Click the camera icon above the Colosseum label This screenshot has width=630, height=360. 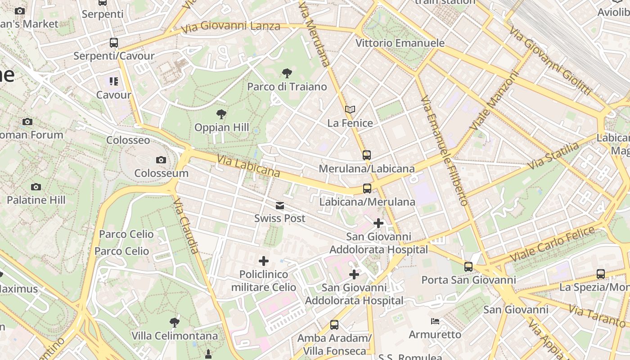[161, 160]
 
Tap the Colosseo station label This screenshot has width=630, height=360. [128, 140]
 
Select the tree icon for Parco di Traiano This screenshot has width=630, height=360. [287, 73]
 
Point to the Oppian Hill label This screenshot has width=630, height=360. [221, 127]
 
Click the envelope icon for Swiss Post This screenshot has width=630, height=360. [280, 206]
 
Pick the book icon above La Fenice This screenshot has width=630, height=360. [350, 109]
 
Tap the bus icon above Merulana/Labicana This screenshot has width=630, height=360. [367, 155]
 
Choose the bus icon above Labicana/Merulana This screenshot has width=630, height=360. [367, 189]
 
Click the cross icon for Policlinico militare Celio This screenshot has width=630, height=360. [264, 261]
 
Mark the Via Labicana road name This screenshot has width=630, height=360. [248, 166]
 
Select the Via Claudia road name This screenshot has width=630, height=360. [186, 225]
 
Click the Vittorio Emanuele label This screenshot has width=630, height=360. [400, 43]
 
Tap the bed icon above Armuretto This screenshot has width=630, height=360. [435, 321]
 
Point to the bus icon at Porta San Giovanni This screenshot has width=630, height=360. [468, 266]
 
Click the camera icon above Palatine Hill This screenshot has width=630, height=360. [36, 187]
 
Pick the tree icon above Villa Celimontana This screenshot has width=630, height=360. [175, 322]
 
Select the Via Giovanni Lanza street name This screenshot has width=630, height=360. [230, 27]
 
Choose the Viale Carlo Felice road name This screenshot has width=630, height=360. [552, 244]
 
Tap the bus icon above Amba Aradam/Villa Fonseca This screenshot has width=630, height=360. [334, 324]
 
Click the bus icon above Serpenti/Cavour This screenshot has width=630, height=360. [114, 43]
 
